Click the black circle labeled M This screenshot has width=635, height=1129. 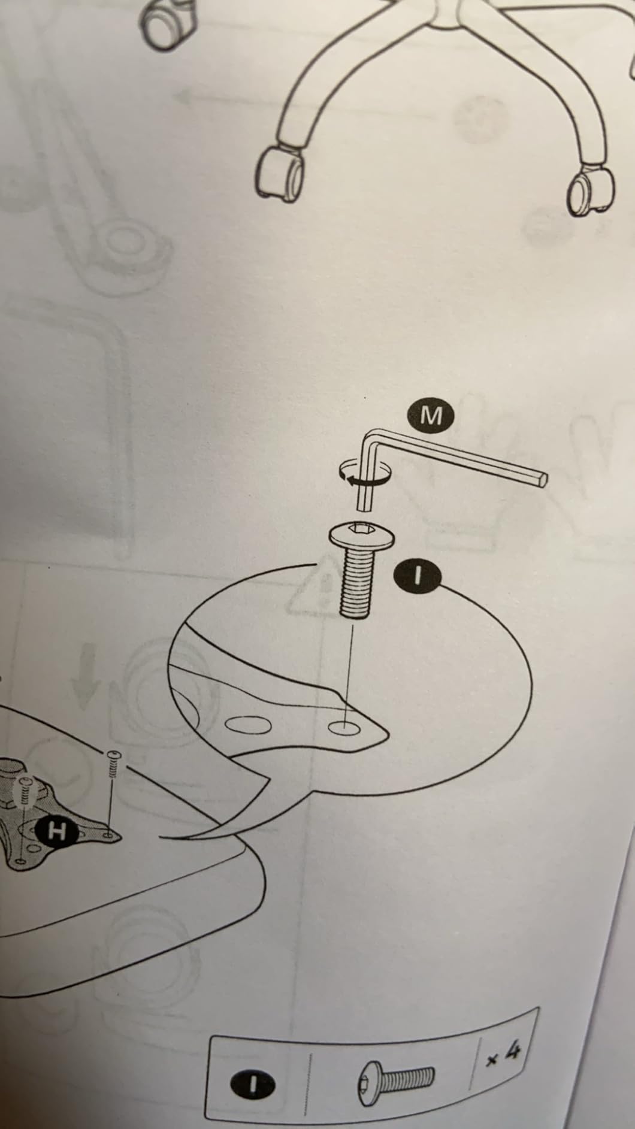pos(431,415)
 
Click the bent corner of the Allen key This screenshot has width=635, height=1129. pos(370,435)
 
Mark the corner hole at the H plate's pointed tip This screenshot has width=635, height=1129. pos(107,834)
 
